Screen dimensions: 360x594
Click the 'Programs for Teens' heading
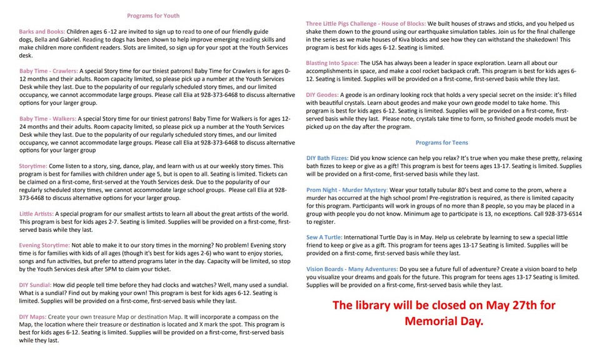(x=441, y=142)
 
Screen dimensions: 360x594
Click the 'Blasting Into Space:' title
(x=332, y=63)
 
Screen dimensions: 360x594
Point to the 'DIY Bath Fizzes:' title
(x=327, y=158)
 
